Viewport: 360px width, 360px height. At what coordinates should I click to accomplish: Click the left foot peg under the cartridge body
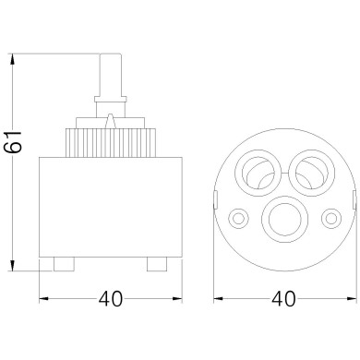pyautogui.click(x=64, y=264)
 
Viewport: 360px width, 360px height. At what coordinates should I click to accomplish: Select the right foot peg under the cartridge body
pyautogui.click(x=158, y=264)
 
